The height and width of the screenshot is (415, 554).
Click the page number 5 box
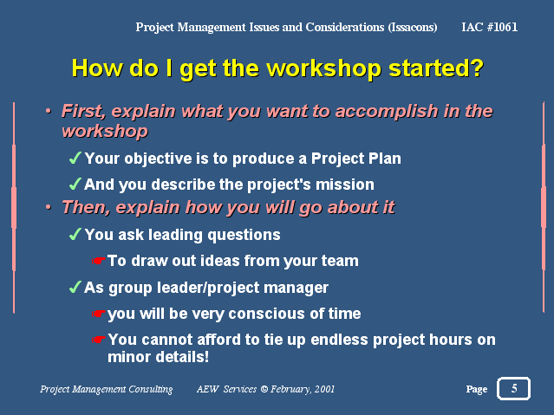[x=513, y=388]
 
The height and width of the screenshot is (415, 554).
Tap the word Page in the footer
[x=477, y=389]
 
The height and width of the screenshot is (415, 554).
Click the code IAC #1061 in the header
[x=489, y=27]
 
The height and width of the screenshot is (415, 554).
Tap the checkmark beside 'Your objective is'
[x=75, y=158]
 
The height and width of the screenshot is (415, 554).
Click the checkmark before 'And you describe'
[x=75, y=184]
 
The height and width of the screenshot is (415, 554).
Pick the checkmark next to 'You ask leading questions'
[x=75, y=234]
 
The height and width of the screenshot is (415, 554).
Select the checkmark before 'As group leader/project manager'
[x=75, y=287]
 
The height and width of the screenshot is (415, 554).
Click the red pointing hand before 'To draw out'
[x=99, y=261]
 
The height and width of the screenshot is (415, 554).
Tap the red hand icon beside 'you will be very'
[x=99, y=314]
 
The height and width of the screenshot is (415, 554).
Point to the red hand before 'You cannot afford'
[x=99, y=340]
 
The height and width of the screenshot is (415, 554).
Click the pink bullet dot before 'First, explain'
[x=49, y=111]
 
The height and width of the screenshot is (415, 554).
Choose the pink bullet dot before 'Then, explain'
[x=49, y=207]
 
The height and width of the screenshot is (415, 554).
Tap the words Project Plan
[x=356, y=159]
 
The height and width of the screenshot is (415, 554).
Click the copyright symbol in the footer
[x=264, y=389]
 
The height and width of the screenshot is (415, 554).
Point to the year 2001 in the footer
[x=324, y=389]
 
